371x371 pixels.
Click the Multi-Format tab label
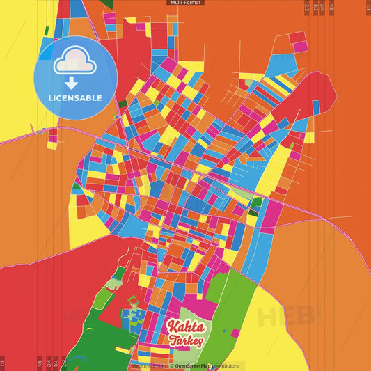coord(185,3)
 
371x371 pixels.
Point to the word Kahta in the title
coord(185,326)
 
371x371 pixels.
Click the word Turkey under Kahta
coord(185,340)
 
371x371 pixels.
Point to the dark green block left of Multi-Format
coord(109,3)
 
